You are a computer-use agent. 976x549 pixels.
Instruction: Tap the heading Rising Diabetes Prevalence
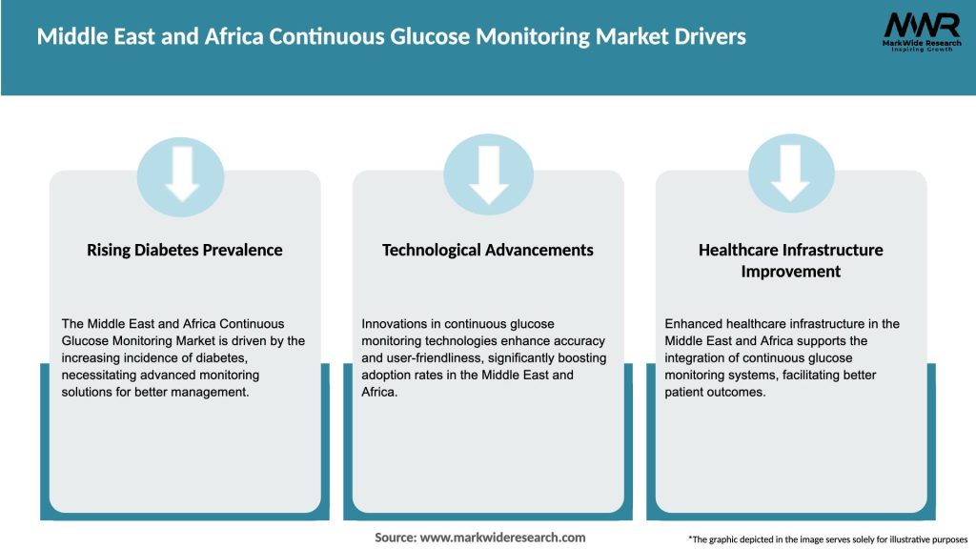(185, 250)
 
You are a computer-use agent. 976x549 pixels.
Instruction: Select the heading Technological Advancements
(487, 250)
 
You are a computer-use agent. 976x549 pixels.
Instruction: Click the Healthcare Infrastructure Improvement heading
(790, 260)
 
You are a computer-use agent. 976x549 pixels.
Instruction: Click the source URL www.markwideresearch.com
(502, 538)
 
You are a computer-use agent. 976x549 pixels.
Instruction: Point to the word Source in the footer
(395, 538)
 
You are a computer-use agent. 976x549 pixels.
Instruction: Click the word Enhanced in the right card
(695, 324)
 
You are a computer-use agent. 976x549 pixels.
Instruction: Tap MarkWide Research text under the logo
(921, 44)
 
